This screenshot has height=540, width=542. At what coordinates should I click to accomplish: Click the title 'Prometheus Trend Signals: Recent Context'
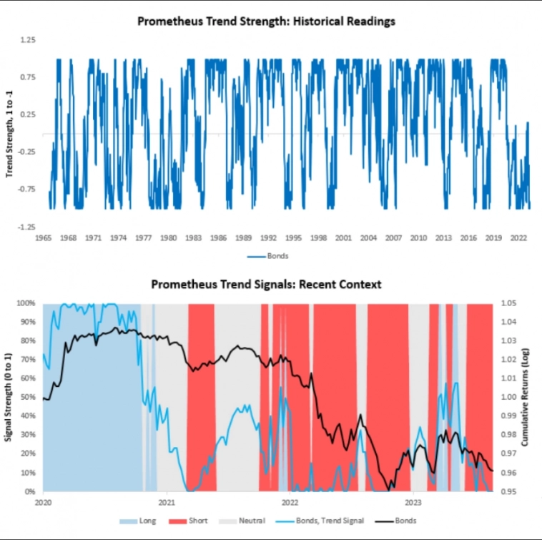[x=266, y=284]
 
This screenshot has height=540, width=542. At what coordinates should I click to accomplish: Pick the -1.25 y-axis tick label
[x=26, y=227]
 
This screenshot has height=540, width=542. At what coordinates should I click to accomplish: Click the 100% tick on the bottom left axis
[x=27, y=303]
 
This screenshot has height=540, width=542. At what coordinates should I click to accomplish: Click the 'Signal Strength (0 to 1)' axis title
[x=9, y=397]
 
